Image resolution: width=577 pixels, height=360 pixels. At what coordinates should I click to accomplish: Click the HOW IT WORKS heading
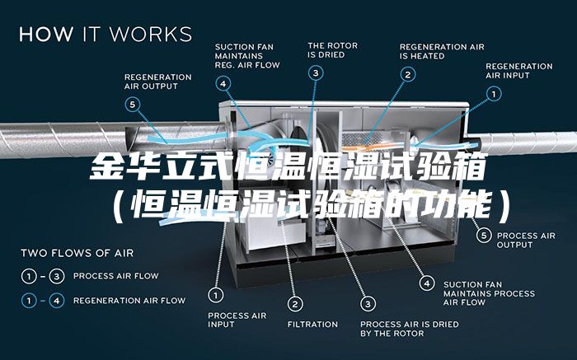coord(106,35)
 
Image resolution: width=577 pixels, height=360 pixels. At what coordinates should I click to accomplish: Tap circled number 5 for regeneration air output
coord(134,104)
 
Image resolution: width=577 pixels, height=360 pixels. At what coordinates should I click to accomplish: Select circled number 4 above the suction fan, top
coord(224,82)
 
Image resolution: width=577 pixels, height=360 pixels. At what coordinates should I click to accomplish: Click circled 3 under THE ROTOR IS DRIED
coord(317,73)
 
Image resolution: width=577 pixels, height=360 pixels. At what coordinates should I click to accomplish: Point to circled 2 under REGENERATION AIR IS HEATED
coord(407,73)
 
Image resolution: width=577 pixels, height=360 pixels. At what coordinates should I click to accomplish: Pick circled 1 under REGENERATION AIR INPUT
coord(494,94)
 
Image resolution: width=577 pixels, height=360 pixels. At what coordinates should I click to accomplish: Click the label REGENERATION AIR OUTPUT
coord(157,81)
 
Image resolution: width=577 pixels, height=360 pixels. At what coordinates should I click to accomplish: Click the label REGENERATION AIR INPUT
coord(519,71)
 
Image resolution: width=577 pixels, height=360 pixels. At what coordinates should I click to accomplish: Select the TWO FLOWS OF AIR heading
coord(77,253)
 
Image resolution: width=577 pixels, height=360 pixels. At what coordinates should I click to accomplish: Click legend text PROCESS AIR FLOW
coord(115,275)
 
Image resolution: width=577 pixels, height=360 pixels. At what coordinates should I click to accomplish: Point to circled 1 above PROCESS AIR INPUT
coord(216,294)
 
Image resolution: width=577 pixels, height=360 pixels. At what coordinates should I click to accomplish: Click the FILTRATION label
coord(312,325)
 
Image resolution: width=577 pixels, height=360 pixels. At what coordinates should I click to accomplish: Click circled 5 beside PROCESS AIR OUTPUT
coord(486,235)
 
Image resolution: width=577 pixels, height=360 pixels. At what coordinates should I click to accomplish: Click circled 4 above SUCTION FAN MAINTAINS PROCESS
coord(427,283)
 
